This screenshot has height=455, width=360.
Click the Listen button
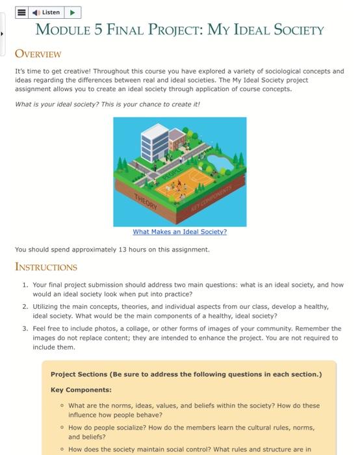click(47, 12)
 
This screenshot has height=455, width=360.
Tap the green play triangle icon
click(73, 12)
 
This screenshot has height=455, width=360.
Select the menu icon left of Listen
click(21, 12)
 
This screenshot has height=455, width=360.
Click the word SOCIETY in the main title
click(291, 30)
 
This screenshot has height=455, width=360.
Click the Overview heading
click(38, 53)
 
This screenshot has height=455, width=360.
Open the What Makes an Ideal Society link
click(179, 231)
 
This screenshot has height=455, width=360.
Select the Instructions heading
click(46, 266)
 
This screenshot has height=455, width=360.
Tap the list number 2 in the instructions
click(25, 305)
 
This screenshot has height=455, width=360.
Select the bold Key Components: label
click(81, 390)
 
